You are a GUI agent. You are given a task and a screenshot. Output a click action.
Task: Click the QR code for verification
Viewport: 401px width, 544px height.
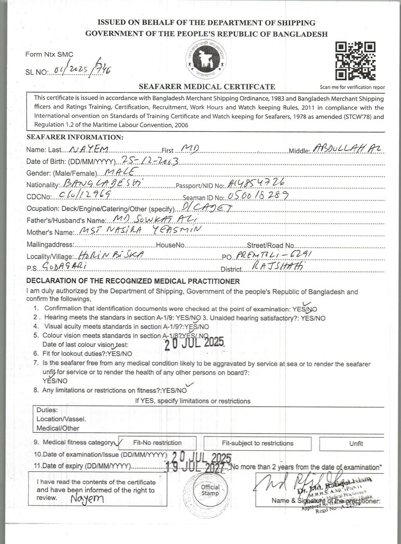(x=355, y=61)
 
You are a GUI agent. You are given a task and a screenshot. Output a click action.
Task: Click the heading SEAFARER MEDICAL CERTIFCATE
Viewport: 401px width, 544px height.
(x=207, y=87)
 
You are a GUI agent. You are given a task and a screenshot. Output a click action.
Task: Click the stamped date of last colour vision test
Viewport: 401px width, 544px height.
(x=194, y=343)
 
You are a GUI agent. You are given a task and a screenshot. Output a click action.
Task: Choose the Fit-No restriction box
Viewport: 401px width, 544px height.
(x=157, y=443)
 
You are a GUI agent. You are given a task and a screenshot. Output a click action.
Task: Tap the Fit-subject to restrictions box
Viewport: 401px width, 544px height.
(x=257, y=443)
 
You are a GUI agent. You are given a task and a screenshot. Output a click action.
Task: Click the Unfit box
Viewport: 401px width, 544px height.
(x=356, y=444)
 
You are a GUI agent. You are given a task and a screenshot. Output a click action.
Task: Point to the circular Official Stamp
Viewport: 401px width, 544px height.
(x=210, y=490)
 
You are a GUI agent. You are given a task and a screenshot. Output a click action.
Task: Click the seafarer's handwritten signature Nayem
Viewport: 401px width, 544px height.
(x=87, y=499)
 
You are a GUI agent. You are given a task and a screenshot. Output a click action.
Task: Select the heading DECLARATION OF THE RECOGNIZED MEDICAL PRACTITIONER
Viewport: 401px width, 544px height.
(x=133, y=281)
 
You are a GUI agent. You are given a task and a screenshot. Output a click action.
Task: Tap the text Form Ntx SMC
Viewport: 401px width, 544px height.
(x=49, y=54)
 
